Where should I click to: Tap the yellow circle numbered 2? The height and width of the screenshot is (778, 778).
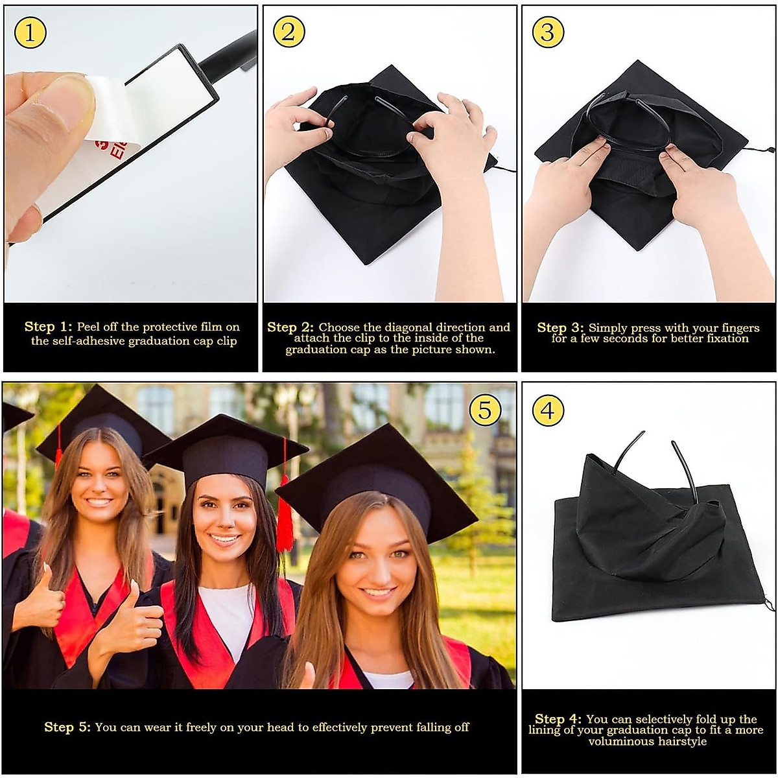(289, 33)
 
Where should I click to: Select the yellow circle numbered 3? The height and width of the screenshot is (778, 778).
(548, 33)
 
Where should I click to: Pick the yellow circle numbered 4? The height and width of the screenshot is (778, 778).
(548, 411)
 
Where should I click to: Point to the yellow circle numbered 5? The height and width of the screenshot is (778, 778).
(485, 410)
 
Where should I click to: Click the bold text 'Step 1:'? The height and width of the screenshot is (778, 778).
(49, 327)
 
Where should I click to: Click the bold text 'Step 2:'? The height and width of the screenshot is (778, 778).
(290, 327)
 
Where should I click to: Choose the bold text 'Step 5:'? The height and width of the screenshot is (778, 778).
(67, 727)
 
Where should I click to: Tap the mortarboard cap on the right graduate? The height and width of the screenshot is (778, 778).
(376, 477)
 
